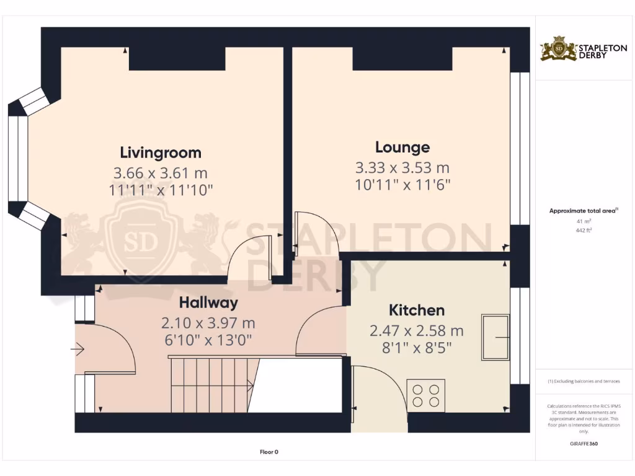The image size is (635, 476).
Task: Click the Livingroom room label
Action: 161,152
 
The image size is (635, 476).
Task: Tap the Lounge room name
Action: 402,148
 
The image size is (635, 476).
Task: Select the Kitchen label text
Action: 416,310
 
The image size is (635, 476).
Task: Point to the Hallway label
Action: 208,303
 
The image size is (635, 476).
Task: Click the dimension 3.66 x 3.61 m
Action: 161,172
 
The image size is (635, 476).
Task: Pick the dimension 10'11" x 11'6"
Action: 402,184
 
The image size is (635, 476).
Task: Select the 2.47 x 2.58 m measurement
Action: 416,330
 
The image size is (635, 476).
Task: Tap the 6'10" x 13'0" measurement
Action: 208,340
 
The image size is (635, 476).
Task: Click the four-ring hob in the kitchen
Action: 426,395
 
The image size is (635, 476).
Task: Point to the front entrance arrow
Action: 78,351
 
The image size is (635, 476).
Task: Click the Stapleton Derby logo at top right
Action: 575,49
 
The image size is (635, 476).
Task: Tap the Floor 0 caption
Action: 269,452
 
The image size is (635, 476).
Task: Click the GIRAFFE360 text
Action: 584,444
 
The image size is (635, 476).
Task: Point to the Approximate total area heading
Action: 584,211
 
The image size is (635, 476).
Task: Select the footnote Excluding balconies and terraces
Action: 584,381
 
